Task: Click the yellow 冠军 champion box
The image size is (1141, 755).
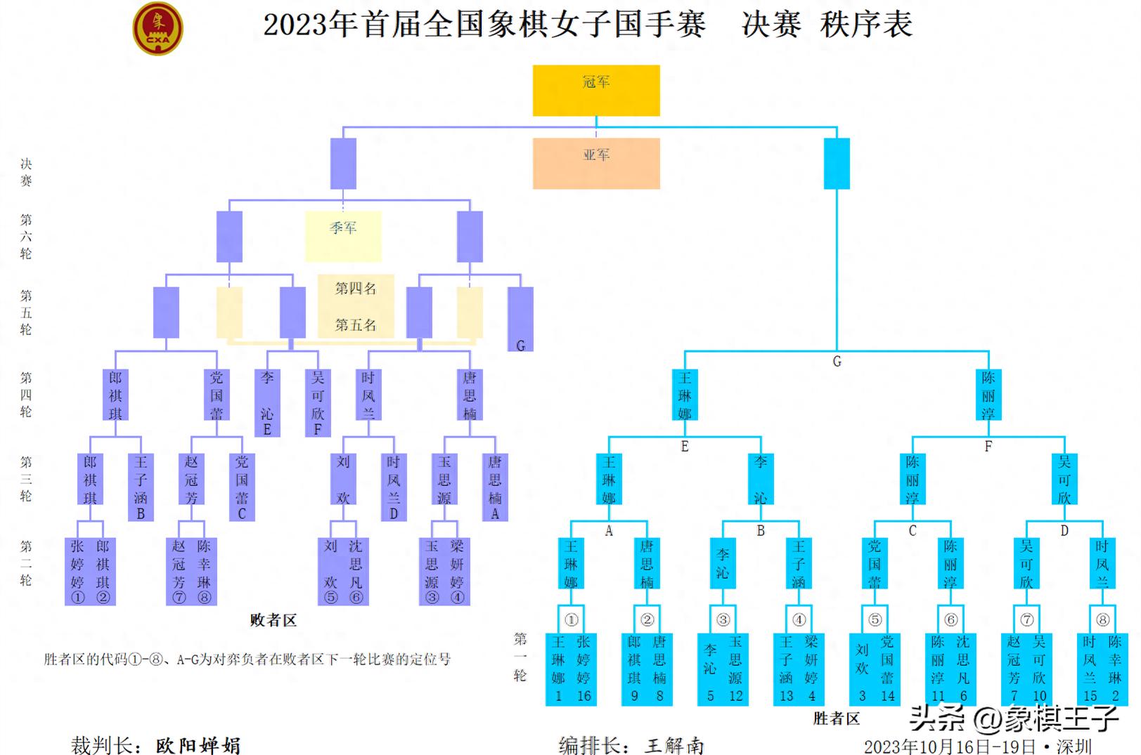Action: pos(596,90)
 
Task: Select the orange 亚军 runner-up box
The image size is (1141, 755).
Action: pos(596,163)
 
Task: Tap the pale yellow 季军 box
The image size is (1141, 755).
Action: pos(343,236)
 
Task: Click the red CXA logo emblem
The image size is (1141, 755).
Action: pos(157,29)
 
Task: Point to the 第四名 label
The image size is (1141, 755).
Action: pos(356,289)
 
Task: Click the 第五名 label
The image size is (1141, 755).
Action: pos(356,325)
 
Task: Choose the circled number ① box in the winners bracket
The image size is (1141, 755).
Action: pos(571,619)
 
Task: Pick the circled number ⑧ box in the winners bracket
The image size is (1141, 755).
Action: pos(1102,619)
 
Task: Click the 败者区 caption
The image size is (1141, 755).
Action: pos(273,620)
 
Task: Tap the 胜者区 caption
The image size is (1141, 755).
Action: pos(837,718)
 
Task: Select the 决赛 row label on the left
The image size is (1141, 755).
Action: pos(26,172)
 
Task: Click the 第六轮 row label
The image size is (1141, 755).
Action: pos(26,237)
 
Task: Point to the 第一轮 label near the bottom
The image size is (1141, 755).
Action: pos(520,657)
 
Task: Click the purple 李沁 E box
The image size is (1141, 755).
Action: pos(267,402)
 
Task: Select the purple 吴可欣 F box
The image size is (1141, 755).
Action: pos(318,402)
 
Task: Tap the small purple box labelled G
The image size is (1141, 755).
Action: pos(520,320)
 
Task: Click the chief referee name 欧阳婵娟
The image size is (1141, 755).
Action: pos(198,744)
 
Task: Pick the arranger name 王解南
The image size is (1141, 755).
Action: pos(674,744)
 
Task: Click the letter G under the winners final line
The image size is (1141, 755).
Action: pos(837,362)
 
